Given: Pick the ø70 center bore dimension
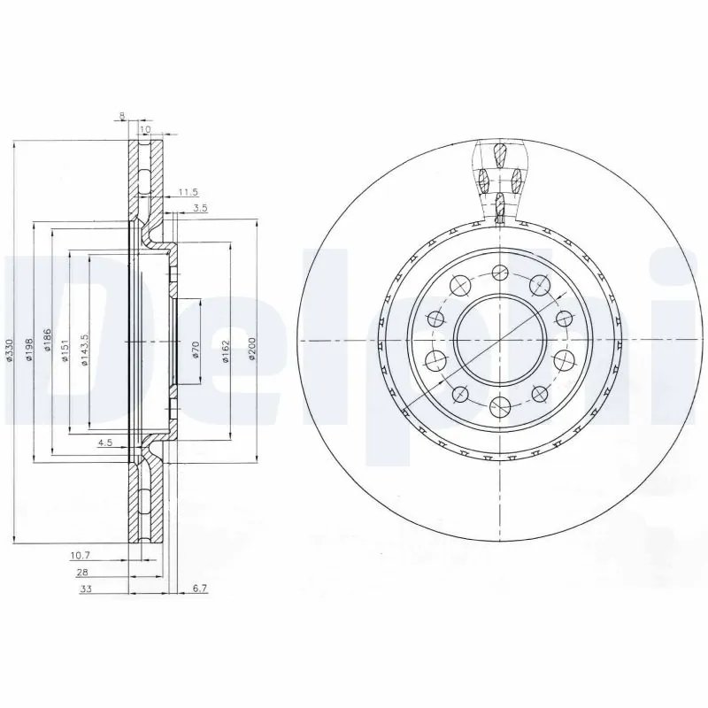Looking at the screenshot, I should point(196,350).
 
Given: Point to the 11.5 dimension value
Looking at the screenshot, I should point(187,192).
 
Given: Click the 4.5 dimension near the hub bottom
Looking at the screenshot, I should point(104,442).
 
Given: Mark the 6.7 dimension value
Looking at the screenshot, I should point(199,589).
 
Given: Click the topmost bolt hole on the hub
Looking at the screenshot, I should point(500,273).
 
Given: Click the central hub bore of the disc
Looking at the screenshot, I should point(500,341).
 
